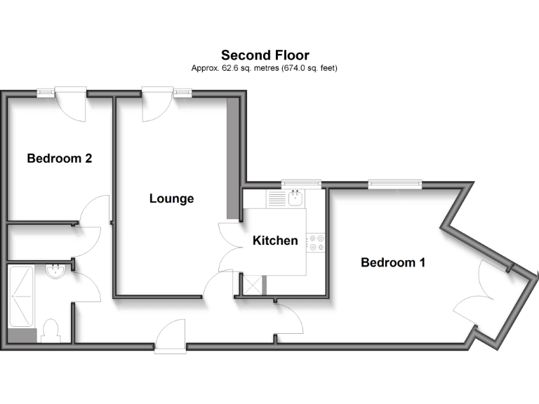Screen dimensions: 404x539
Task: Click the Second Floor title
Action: point(265,55)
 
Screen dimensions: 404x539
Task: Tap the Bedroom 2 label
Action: point(60,159)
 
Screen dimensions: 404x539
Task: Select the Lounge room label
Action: point(171,198)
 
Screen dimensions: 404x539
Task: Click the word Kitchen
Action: point(275,241)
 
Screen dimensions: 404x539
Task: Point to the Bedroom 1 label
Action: point(393,262)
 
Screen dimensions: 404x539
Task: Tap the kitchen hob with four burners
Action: point(317,242)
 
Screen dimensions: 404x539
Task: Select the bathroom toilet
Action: point(51,330)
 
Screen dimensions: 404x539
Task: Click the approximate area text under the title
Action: point(265,69)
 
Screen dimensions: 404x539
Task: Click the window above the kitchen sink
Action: point(301,184)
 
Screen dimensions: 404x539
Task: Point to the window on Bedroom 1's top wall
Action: point(395,184)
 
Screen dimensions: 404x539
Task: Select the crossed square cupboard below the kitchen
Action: point(250,285)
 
